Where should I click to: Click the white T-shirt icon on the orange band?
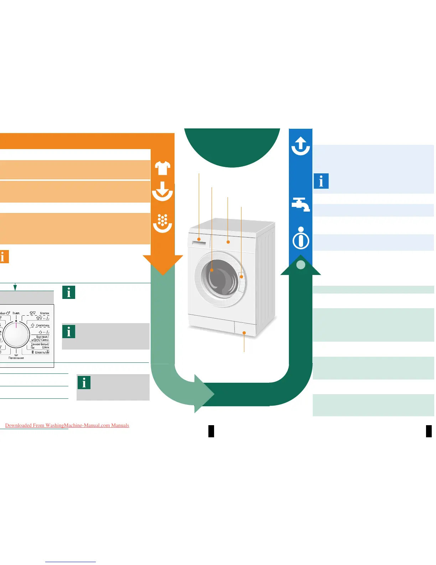(162, 168)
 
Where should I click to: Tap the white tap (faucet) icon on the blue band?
(301, 205)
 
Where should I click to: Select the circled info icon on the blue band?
(301, 238)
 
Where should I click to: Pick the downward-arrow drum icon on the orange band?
(162, 191)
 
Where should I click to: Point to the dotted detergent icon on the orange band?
(162, 223)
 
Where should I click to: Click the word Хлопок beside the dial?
(45, 313)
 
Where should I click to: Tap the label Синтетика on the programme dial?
(42, 325)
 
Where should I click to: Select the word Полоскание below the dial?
(16, 358)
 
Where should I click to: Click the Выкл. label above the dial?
(16, 313)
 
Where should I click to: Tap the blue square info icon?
(321, 181)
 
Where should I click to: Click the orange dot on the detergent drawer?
(199, 239)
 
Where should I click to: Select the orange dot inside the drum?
(212, 270)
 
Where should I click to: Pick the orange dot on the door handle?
(241, 276)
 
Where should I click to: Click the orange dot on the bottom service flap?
(244, 333)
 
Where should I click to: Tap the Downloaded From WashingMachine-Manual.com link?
(67, 425)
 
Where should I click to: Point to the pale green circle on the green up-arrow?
(301, 265)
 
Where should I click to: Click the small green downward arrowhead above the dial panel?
(15, 287)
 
